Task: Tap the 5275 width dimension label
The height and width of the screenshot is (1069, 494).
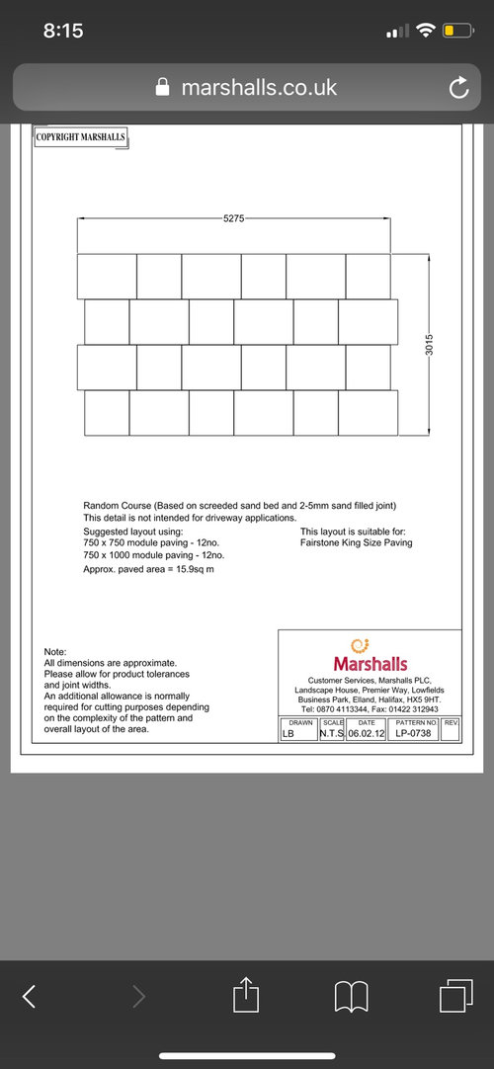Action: [x=233, y=218]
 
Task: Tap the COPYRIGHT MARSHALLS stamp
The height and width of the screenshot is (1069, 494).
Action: [x=81, y=138]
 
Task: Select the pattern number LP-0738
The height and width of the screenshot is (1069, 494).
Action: [x=413, y=733]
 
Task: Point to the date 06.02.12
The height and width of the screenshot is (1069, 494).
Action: [x=366, y=733]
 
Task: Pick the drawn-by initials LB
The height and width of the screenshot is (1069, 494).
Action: [x=288, y=733]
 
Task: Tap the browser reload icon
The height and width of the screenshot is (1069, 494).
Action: [x=457, y=89]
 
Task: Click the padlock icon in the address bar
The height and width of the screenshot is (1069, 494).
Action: [x=164, y=88]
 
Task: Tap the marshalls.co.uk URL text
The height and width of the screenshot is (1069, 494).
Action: [x=259, y=88]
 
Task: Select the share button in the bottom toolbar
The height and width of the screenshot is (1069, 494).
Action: [x=247, y=996]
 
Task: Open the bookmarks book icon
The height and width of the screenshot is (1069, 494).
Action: [x=352, y=997]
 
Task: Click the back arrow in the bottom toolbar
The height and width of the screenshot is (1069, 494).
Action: [x=30, y=997]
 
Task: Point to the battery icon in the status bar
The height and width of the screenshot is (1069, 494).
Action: [x=457, y=31]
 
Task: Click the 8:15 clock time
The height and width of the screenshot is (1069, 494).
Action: [x=63, y=31]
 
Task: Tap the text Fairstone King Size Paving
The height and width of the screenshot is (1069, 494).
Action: [x=356, y=542]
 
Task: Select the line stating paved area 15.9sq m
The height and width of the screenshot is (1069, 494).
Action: [x=148, y=570]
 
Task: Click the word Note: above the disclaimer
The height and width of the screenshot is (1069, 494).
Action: [x=55, y=652]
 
